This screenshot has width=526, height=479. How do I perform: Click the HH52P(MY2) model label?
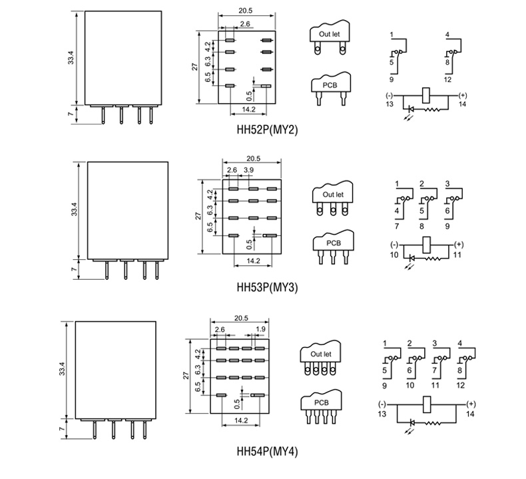(x=267, y=129)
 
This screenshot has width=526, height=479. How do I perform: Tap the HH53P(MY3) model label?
(x=267, y=287)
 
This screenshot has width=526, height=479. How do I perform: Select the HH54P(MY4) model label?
(x=267, y=451)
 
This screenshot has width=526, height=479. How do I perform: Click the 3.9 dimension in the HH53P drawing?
(x=248, y=170)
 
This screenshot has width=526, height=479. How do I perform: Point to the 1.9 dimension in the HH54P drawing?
(x=260, y=329)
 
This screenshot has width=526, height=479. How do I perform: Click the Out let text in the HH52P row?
(x=330, y=34)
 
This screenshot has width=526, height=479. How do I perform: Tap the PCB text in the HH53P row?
(x=334, y=243)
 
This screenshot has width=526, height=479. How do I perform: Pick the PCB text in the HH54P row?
(x=322, y=402)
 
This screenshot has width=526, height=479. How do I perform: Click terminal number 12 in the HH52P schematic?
(x=447, y=79)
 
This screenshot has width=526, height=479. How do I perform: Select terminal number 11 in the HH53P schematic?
(x=457, y=254)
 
